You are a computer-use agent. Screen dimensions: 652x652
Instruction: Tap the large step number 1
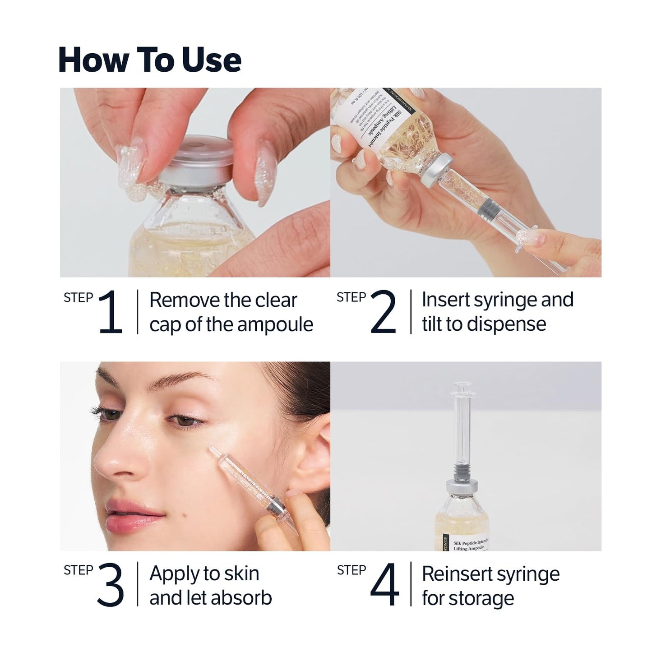click(111, 312)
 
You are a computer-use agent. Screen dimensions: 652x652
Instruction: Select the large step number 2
click(383, 312)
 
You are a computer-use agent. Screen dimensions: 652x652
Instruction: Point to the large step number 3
click(110, 585)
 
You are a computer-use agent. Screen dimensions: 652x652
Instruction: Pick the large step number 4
click(384, 585)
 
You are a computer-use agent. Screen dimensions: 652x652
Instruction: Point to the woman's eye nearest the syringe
click(188, 420)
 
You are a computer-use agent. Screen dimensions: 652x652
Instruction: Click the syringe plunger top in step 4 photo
click(460, 387)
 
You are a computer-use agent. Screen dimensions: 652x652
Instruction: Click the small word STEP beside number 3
click(79, 570)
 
